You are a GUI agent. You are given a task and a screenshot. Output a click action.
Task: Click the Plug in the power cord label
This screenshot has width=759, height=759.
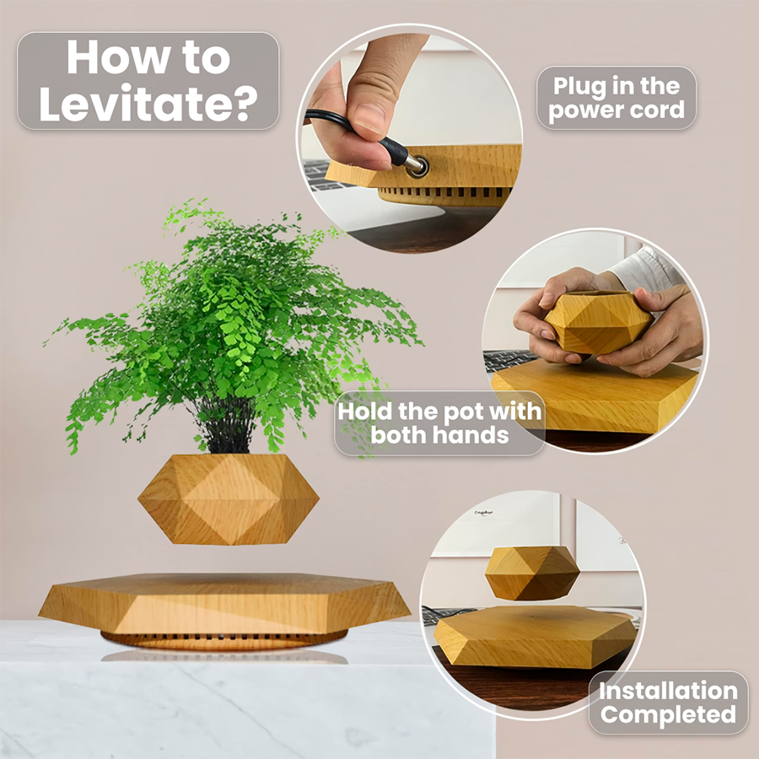point(616,98)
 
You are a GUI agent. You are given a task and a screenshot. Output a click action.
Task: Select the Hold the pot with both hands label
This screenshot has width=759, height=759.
point(439,423)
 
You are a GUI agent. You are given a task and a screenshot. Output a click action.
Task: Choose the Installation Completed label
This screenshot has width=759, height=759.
point(668,702)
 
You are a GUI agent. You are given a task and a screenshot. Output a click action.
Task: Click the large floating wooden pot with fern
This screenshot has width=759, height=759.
point(228,498)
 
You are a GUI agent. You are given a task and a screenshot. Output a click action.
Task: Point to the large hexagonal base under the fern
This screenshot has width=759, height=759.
point(223,603)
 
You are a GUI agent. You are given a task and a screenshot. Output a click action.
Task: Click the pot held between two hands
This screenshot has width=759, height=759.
point(597,322)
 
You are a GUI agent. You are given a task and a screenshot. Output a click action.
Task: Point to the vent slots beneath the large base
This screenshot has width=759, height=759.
point(223,636)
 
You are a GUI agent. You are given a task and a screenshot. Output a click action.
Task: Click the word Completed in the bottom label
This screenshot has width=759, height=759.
point(668,715)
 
